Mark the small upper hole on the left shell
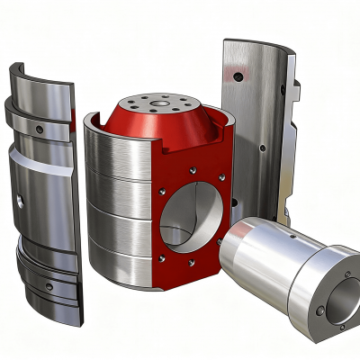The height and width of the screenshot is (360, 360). [40, 130]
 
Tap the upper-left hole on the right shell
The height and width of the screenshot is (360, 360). [236, 78]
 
